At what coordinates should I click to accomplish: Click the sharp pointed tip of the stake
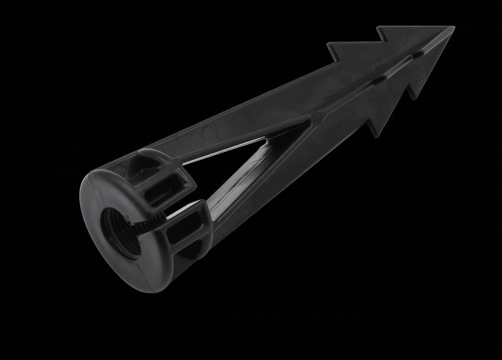pyautogui.click(x=454, y=27)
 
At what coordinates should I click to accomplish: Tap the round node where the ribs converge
pyautogui.click(x=316, y=116)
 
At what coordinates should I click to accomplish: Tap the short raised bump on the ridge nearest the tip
pyautogui.click(x=416, y=51)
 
